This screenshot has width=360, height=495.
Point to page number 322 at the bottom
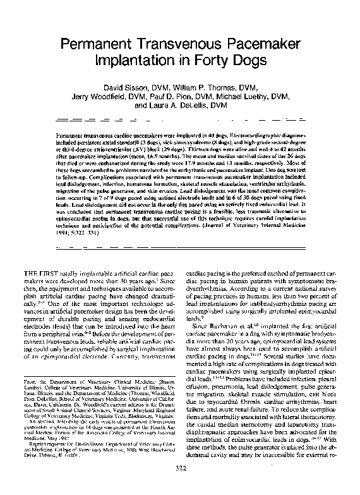(180, 486)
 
